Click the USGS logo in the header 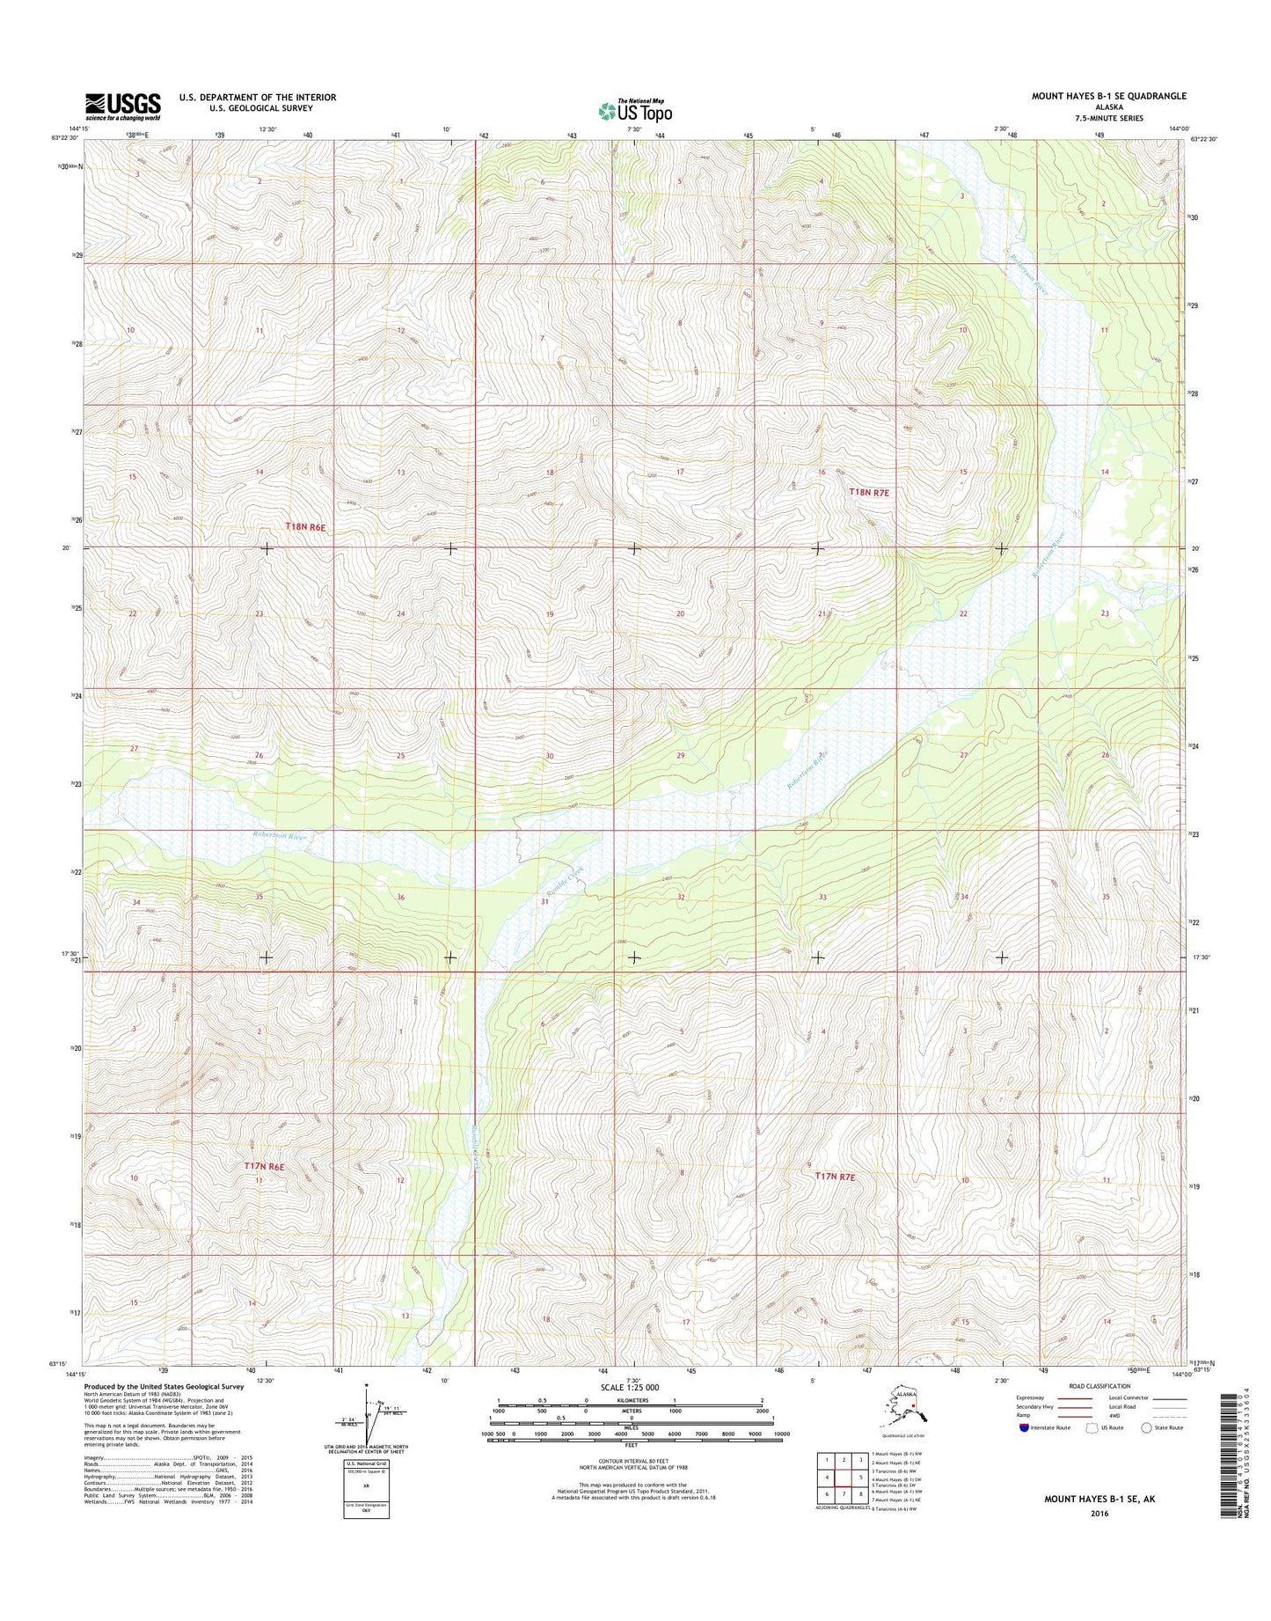click(123, 106)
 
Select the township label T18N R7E click(870, 493)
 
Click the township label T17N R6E click(265, 1166)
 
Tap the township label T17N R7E click(834, 1175)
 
